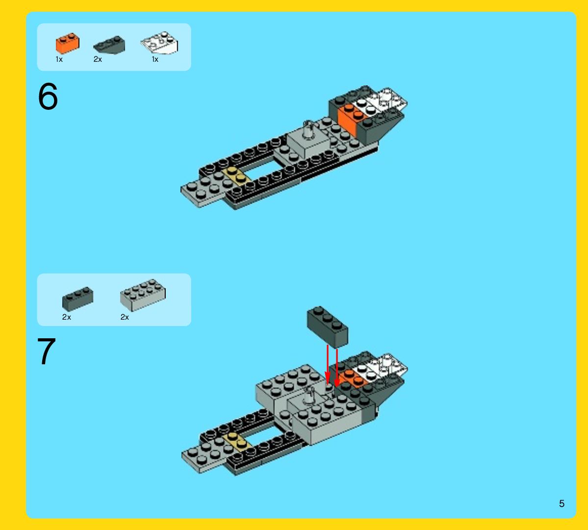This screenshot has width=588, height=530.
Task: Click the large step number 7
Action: pos(47,352)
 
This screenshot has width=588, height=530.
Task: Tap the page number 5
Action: pos(562,504)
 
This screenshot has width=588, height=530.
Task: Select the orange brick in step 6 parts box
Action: pos(67,44)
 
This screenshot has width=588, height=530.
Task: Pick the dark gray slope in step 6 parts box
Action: pos(109,45)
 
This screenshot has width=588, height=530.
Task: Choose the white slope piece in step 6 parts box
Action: pos(159,44)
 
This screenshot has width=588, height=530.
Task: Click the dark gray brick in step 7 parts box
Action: pos(77,298)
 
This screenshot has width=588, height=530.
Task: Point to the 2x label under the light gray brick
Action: pos(125,317)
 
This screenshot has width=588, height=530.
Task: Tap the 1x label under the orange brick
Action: pos(59,59)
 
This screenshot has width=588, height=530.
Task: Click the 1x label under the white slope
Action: pos(155,59)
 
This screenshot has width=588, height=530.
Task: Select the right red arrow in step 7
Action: pos(337,365)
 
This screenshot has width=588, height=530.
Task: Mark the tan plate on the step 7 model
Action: pos(237,440)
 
